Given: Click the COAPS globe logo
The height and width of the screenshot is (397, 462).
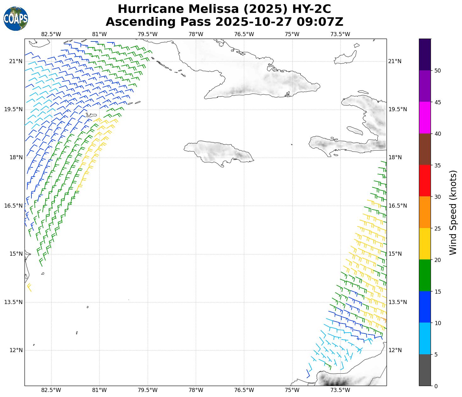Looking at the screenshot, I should pyautogui.click(x=16, y=19).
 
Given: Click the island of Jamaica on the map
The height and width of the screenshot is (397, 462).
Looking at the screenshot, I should pyautogui.click(x=220, y=152).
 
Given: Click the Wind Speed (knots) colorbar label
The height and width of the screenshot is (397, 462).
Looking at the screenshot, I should pyautogui.click(x=453, y=212).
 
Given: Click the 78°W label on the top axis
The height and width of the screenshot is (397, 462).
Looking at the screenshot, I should pyautogui.click(x=196, y=34).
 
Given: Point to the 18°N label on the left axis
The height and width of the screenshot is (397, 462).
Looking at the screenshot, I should pyautogui.click(x=16, y=158).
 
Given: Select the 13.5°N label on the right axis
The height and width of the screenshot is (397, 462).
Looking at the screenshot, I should pyautogui.click(x=398, y=302).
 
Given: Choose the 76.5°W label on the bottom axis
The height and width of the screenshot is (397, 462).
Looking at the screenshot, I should pyautogui.click(x=244, y=390).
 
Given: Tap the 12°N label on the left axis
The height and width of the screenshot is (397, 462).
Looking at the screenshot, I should pyautogui.click(x=16, y=350).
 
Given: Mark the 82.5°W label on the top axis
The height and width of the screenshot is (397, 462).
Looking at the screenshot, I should pyautogui.click(x=51, y=34).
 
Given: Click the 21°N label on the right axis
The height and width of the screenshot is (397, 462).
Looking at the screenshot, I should pyautogui.click(x=395, y=61).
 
